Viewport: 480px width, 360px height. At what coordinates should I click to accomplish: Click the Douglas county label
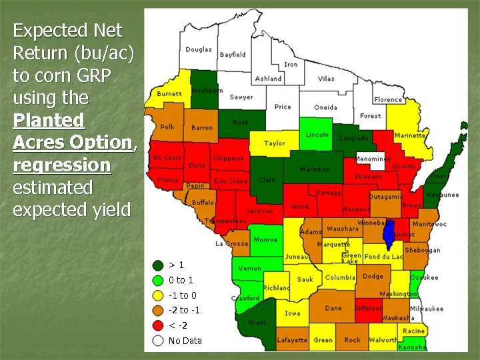coord(199,49)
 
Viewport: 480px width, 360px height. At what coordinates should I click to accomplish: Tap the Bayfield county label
coord(233,54)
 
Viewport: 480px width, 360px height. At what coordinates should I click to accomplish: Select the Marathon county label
coord(315,169)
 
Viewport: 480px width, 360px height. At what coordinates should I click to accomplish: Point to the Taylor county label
coord(274,143)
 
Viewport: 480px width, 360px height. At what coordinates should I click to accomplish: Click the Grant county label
coord(257,323)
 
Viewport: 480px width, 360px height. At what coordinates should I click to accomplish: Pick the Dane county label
coord(333,308)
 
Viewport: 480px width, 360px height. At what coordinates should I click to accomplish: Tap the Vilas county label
coord(326,79)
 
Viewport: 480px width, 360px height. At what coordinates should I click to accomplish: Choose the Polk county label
coord(167,127)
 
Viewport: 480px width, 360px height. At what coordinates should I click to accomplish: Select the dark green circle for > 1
coord(158,265)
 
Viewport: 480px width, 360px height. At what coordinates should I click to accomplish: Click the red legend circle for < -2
coord(158,325)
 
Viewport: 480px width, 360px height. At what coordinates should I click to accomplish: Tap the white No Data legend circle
coord(158,341)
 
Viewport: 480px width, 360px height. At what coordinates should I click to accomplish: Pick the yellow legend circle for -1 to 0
coord(158,295)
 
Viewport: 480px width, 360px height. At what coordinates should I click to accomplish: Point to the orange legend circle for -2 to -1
coord(158,311)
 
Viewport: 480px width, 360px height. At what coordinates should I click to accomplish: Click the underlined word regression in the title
coord(61,165)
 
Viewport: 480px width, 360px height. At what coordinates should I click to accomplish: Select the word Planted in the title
coord(49,120)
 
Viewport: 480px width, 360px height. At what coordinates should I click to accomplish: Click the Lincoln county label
coord(317,135)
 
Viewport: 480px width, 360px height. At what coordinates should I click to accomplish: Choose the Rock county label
coord(352,340)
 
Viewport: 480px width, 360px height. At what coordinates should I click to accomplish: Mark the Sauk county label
coord(305,279)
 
